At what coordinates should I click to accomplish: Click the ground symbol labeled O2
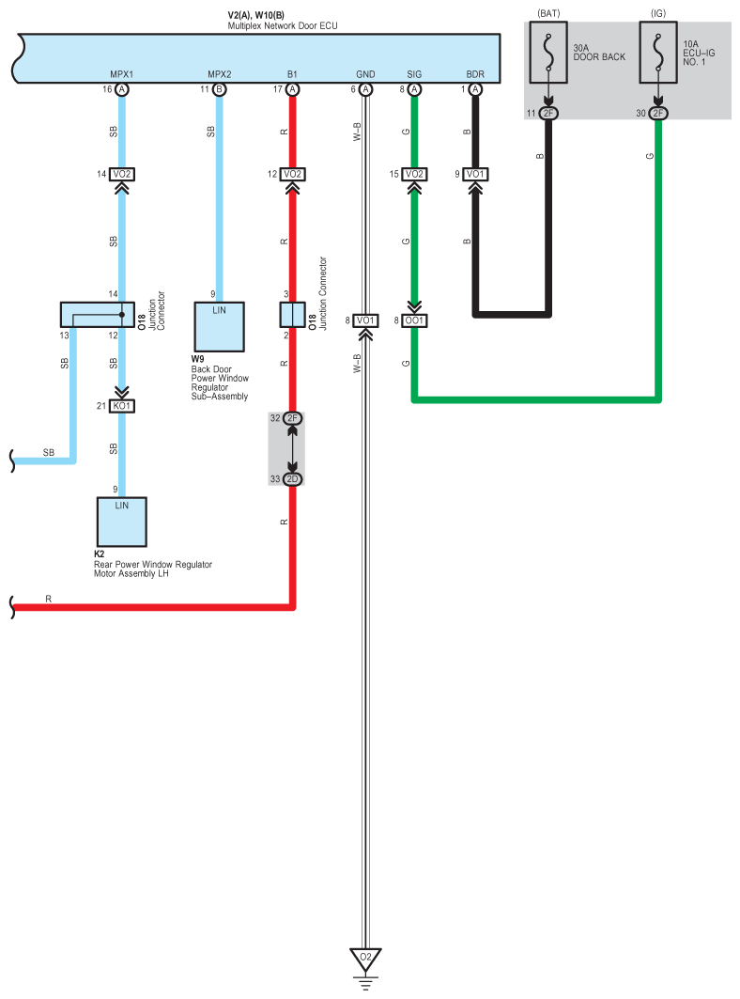pyautogui.click(x=365, y=959)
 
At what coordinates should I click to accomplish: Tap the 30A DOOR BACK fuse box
pyautogui.click(x=548, y=53)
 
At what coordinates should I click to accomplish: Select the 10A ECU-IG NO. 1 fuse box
pyautogui.click(x=658, y=53)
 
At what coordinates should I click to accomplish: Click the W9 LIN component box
pyautogui.click(x=219, y=327)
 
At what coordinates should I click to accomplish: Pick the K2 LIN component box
pyautogui.click(x=122, y=522)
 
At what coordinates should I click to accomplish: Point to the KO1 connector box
pyautogui.click(x=122, y=406)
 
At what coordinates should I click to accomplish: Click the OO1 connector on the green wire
pyautogui.click(x=414, y=320)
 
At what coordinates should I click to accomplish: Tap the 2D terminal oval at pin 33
pyautogui.click(x=292, y=479)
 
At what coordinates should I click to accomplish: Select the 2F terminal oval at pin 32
pyautogui.click(x=292, y=418)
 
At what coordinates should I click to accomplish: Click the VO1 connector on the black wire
pyautogui.click(x=475, y=174)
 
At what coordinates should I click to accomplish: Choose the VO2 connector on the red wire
pyautogui.click(x=292, y=174)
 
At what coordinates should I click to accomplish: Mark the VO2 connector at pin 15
pyautogui.click(x=414, y=174)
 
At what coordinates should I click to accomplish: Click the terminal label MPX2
pyautogui.click(x=220, y=74)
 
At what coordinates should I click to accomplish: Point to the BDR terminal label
pyautogui.click(x=475, y=74)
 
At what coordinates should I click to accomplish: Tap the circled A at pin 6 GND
pyautogui.click(x=365, y=90)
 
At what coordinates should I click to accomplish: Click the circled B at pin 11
pyautogui.click(x=219, y=90)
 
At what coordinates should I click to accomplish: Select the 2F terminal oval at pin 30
pyautogui.click(x=658, y=114)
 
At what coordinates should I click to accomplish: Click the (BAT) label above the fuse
pyautogui.click(x=548, y=13)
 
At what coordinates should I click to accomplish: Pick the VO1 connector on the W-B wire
pyautogui.click(x=365, y=320)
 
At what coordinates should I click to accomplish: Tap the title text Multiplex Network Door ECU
pyautogui.click(x=283, y=25)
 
